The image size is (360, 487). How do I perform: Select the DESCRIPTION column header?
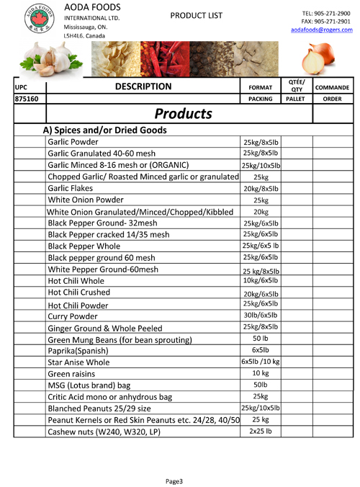pyautogui.click(x=141, y=86)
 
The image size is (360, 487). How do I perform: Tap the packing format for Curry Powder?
pyautogui.click(x=260, y=315)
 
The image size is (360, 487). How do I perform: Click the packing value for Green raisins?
pyautogui.click(x=260, y=374)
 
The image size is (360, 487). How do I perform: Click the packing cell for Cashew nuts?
pyautogui.click(x=260, y=431)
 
